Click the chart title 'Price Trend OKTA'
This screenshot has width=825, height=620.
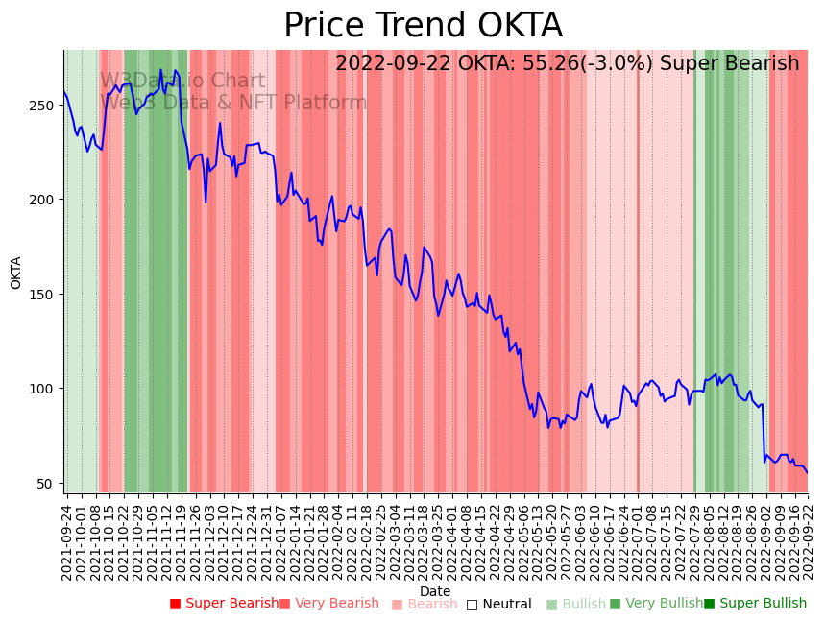pyautogui.click(x=423, y=26)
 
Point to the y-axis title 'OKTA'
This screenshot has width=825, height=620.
pyautogui.click(x=16, y=273)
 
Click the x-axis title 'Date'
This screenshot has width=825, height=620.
pyautogui.click(x=435, y=592)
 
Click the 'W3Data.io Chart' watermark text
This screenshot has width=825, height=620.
pyautogui.click(x=182, y=82)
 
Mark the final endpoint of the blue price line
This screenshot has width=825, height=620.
pyautogui.click(x=808, y=473)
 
